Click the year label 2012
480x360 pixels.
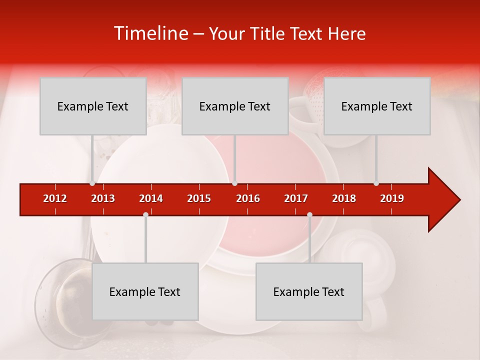click(x=55, y=198)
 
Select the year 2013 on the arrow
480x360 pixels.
click(x=103, y=198)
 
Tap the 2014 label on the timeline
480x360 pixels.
click(x=151, y=198)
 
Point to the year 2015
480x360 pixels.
click(x=199, y=198)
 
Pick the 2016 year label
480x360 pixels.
click(x=248, y=198)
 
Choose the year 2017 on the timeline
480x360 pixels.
click(x=296, y=198)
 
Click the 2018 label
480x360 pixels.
click(x=344, y=198)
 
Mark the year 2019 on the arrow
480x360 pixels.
click(x=392, y=198)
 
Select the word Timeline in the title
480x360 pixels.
click(x=150, y=33)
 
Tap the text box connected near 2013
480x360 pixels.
click(x=93, y=106)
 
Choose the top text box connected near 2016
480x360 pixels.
click(x=235, y=106)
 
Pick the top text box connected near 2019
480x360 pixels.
click(x=377, y=106)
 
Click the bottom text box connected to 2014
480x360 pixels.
click(x=145, y=291)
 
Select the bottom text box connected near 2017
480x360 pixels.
click(x=309, y=291)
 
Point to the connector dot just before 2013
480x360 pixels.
click(x=92, y=183)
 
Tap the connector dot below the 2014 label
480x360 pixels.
click(x=145, y=215)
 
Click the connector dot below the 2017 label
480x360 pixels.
click(x=309, y=215)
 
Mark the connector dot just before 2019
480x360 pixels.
click(x=376, y=183)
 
